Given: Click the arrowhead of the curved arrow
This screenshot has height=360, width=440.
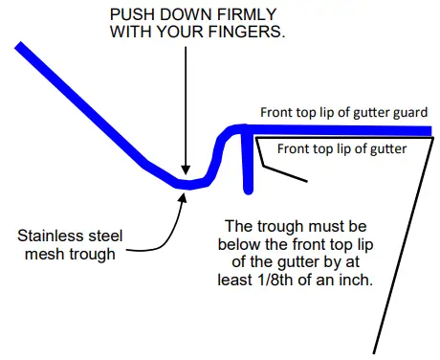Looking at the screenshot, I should (178, 192).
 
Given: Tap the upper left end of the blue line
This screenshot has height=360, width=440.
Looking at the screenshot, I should (19, 44).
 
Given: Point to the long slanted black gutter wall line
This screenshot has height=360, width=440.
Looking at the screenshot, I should (402, 249).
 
